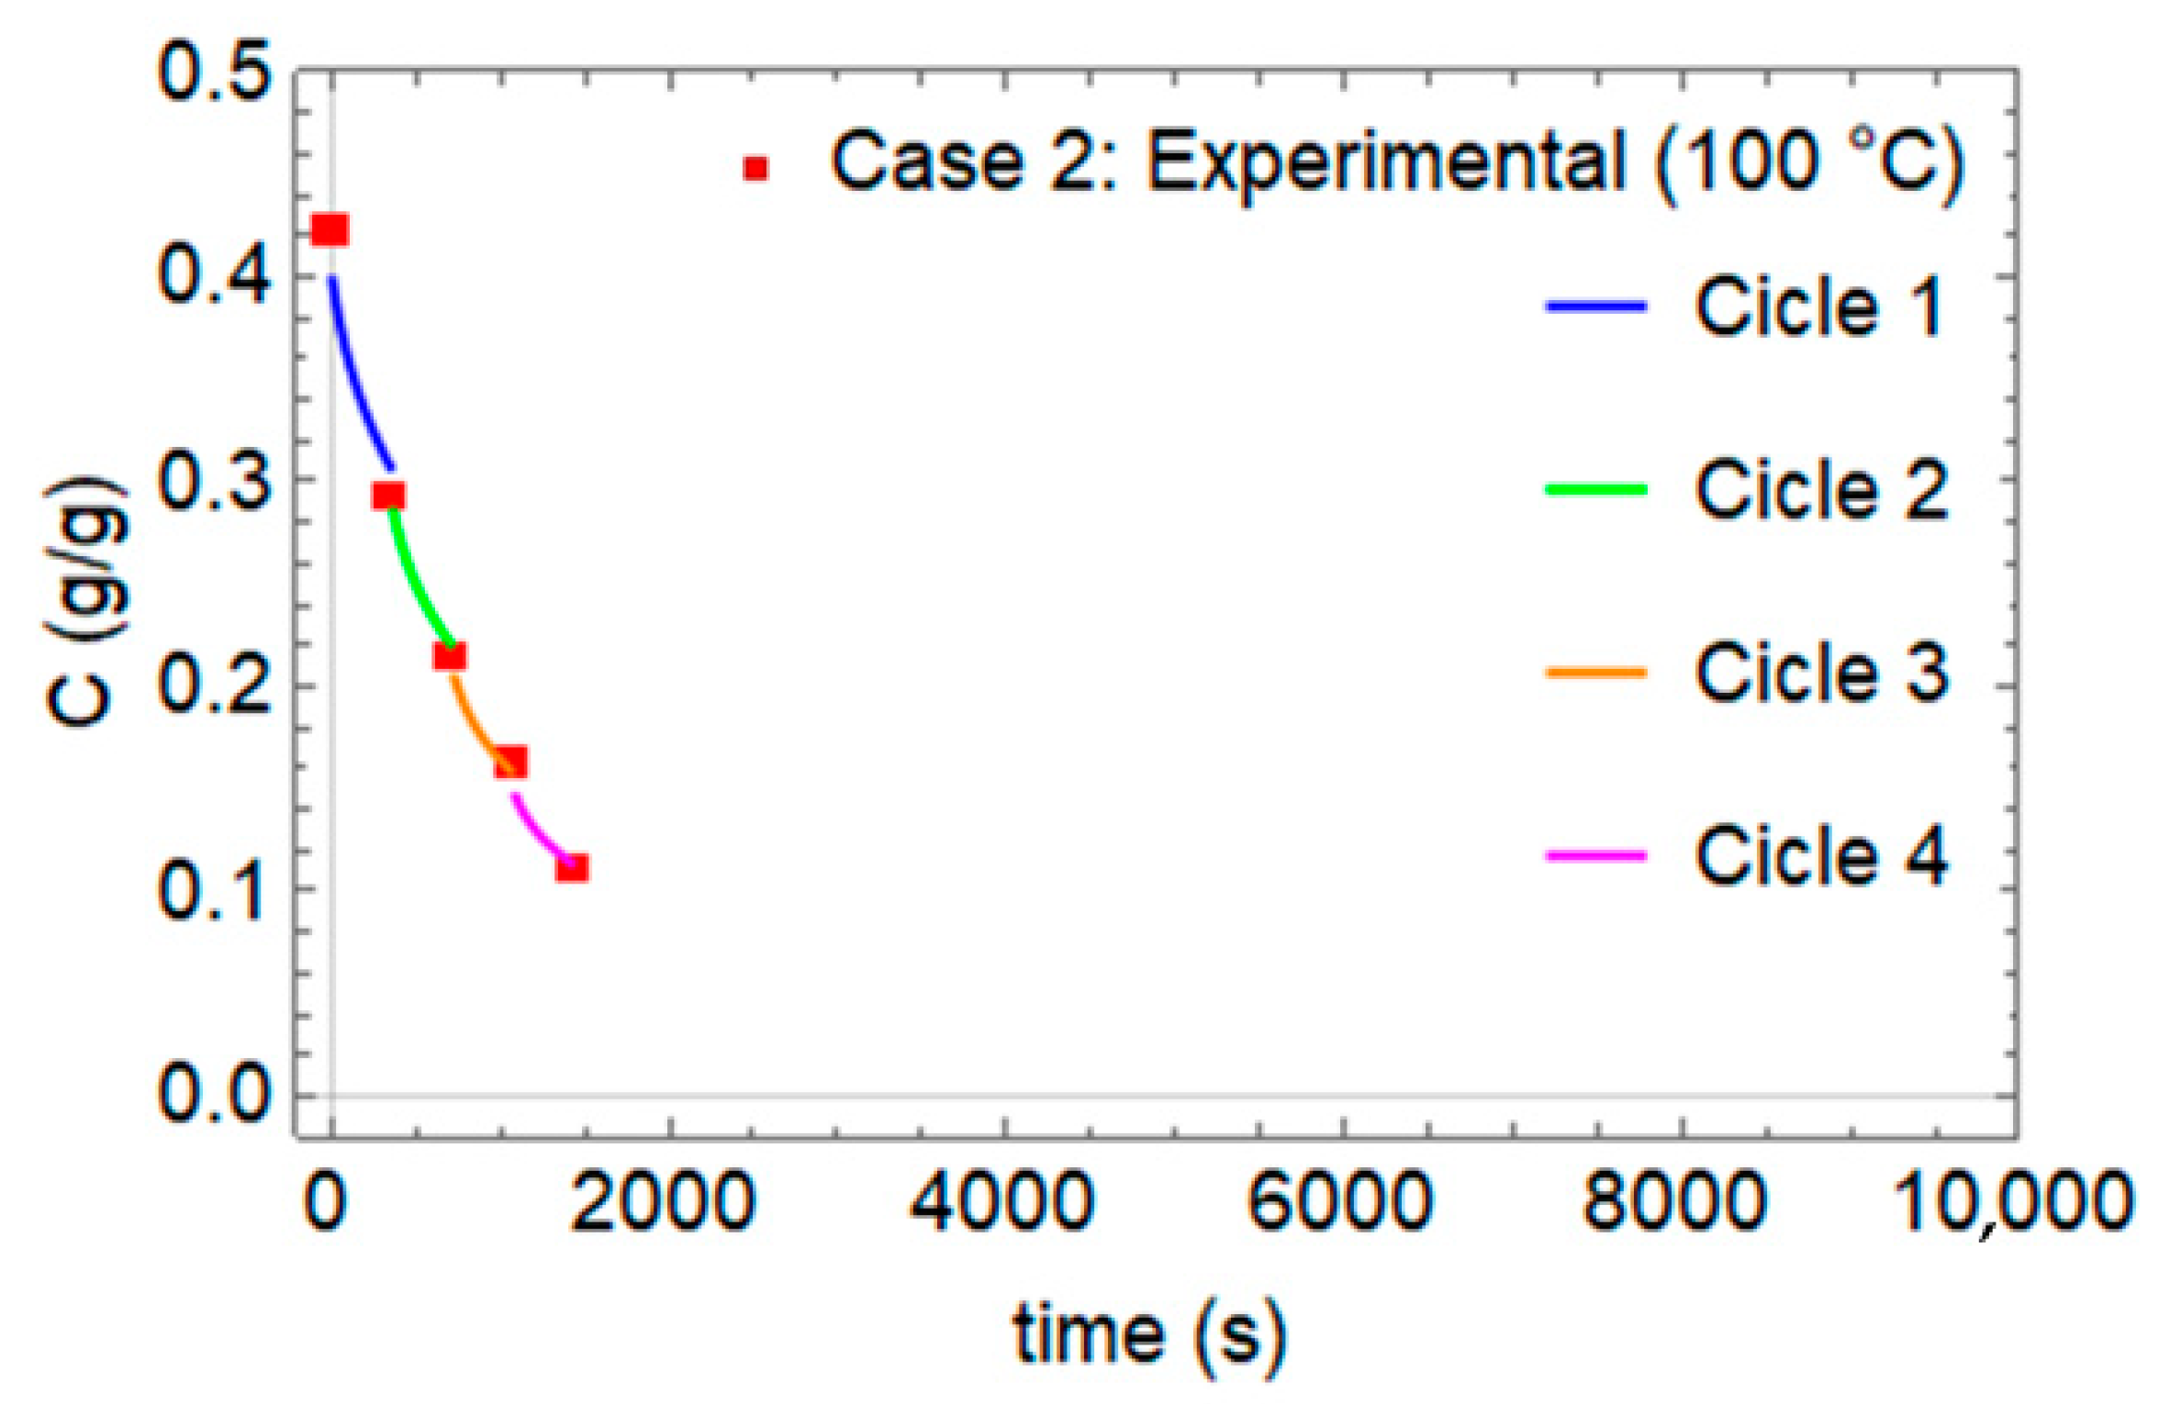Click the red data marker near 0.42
tap(330, 230)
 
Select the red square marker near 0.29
tap(389, 496)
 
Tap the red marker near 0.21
tap(450, 656)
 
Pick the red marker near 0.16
tap(511, 762)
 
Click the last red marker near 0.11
tap(572, 867)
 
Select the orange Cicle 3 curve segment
tap(473, 716)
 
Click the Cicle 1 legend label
tap(1818, 306)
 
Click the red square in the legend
tap(756, 168)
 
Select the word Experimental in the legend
tap(1387, 162)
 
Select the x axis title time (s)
tap(1150, 1335)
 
